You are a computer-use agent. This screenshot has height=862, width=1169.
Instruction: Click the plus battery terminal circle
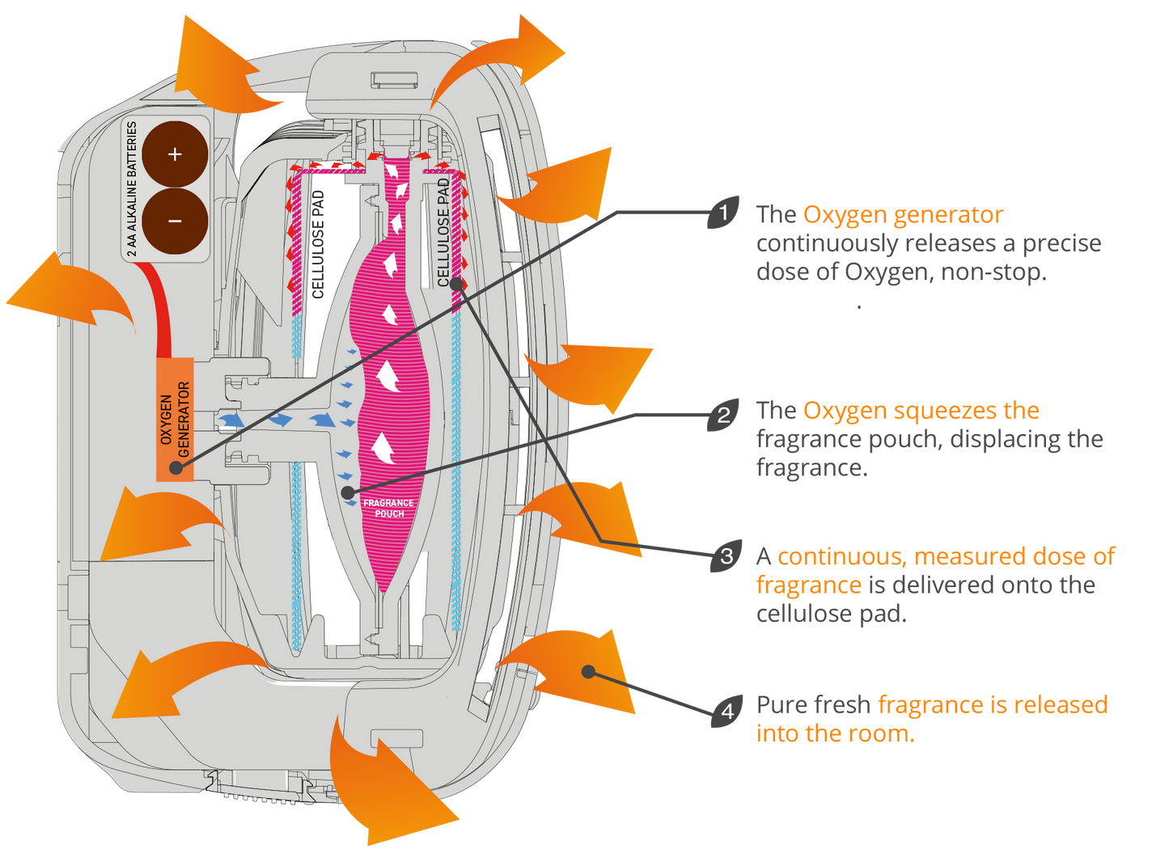[x=175, y=154]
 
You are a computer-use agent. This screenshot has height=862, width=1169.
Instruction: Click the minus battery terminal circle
[x=175, y=221]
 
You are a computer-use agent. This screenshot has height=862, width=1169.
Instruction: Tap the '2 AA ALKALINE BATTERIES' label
[x=132, y=189]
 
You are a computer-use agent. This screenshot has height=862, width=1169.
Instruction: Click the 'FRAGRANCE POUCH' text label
[x=389, y=508]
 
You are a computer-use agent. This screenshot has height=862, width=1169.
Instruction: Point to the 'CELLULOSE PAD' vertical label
[x=443, y=232]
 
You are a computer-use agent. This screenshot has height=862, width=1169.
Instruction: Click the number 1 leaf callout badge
[x=723, y=213]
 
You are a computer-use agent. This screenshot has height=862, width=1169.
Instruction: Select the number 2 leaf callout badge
[x=723, y=415]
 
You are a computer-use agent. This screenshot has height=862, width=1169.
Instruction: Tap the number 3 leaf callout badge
[x=726, y=556]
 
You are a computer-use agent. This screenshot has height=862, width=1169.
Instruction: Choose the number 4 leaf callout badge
[x=726, y=711]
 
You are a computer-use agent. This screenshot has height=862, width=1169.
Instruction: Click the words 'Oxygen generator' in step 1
[x=902, y=215]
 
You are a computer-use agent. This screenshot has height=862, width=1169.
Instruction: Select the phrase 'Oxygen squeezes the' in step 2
[x=921, y=411]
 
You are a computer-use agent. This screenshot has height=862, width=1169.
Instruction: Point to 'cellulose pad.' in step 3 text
[x=831, y=614]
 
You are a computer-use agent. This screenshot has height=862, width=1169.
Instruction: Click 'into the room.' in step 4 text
[x=834, y=733]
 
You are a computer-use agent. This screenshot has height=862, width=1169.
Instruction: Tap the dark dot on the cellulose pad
[x=457, y=283]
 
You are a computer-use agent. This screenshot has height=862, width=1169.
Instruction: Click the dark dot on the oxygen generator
[x=176, y=467]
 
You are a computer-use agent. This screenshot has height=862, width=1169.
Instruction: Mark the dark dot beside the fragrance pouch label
[x=347, y=492]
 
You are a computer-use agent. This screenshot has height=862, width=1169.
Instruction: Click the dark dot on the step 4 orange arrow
[x=589, y=671]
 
